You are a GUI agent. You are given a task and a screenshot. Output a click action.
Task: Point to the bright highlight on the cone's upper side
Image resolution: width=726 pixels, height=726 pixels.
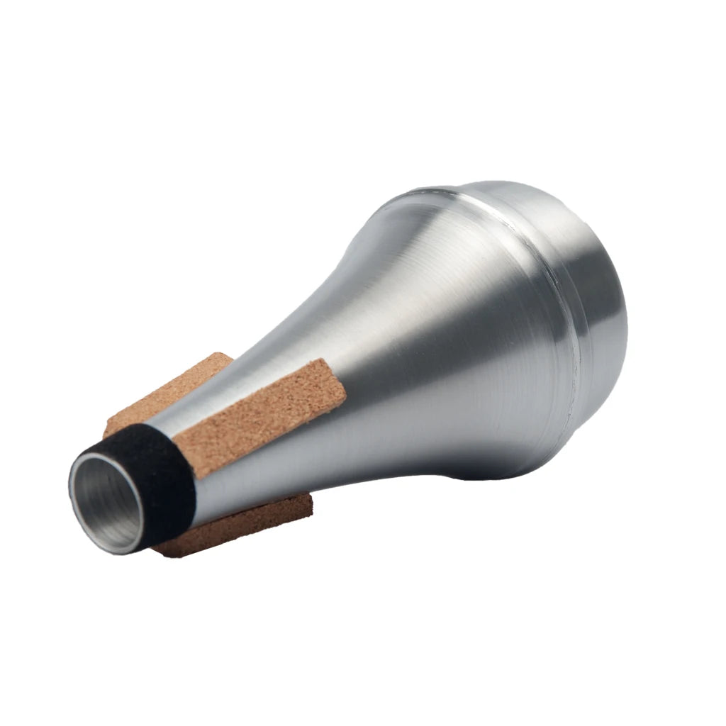click(x=397, y=234)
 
